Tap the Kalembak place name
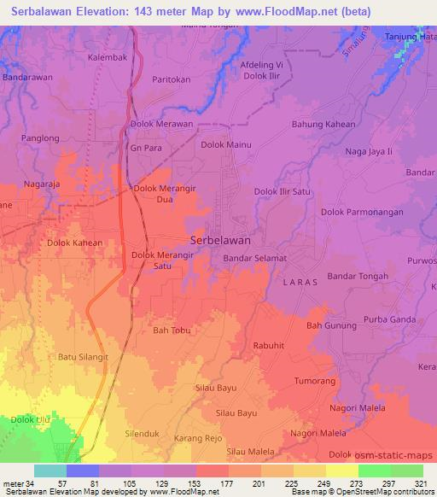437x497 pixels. point(108,58)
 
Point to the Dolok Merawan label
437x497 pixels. point(161,124)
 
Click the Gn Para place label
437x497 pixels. point(145,146)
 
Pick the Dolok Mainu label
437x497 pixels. point(225,145)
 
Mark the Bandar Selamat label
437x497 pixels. point(254,257)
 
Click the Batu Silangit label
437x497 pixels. point(83,357)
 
